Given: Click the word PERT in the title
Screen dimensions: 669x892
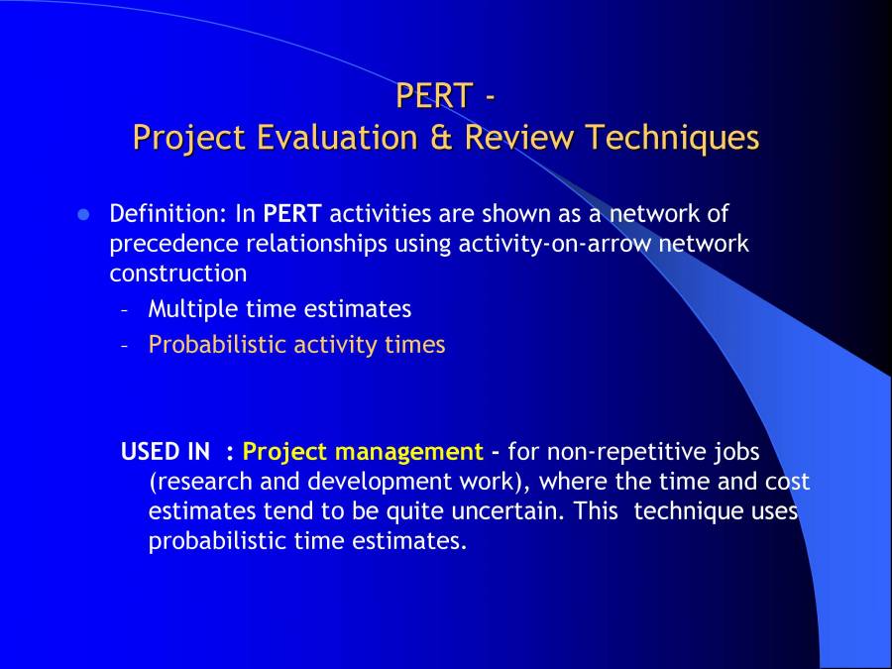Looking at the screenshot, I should coord(433,96).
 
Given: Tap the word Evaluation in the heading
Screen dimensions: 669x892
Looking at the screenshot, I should coord(332,137).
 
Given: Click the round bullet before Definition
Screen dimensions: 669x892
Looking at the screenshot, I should coord(84,214).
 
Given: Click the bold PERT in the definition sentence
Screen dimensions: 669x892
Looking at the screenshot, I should coord(292,214).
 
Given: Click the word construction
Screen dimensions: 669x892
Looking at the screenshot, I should coord(178,273).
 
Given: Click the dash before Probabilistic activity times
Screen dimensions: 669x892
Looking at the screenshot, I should coord(125,346).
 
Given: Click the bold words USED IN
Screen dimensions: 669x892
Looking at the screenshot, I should coord(165,453).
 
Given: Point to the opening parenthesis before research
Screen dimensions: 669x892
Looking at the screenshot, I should coord(153,483).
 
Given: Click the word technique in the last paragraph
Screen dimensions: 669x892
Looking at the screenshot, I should coord(688,512).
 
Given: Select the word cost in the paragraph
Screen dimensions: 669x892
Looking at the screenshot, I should coord(787,483).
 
